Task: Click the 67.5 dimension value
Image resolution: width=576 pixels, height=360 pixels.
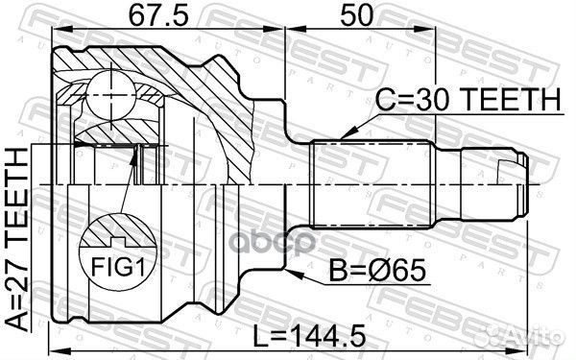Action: click(x=159, y=15)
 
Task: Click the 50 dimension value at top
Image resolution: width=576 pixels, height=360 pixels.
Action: click(x=356, y=15)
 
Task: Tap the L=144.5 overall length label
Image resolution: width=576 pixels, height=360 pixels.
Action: click(x=310, y=336)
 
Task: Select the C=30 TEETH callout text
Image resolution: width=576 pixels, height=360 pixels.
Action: click(x=468, y=99)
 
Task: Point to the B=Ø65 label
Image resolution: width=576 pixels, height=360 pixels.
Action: click(x=377, y=271)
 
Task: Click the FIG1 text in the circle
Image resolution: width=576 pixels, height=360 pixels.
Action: click(x=118, y=266)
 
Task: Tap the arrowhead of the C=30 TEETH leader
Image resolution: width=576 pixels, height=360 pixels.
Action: click(x=348, y=133)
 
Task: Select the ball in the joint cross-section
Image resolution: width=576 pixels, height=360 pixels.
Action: click(x=110, y=95)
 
